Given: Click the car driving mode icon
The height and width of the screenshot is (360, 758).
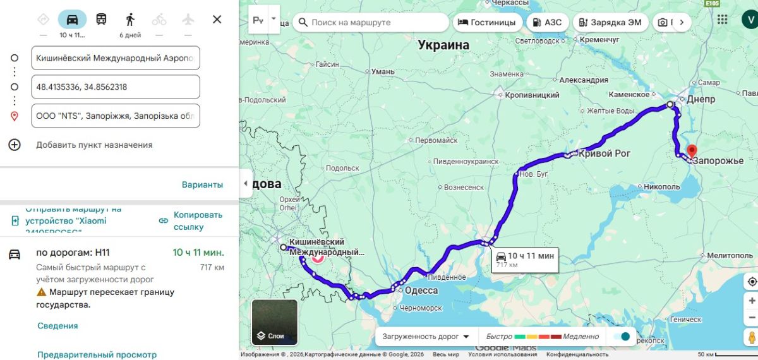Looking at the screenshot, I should pos(72,20).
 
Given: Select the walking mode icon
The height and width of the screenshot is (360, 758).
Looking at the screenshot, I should pos(130,20).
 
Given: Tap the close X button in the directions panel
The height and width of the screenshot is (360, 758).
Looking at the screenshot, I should pos(217,20).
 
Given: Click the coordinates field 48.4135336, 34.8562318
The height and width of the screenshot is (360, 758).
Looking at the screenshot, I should pos(115,87).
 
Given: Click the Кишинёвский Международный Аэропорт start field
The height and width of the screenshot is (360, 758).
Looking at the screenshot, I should pos(115,58).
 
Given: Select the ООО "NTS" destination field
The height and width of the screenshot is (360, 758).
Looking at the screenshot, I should pos(115,116).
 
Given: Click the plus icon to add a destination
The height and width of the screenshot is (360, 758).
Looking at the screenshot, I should pos(15,145).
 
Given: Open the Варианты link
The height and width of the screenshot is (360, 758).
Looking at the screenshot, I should pos(202,184).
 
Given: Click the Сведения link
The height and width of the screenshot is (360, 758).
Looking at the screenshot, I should pos(57,326).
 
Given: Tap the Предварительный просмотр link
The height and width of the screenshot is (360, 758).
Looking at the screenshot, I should pos(97,354).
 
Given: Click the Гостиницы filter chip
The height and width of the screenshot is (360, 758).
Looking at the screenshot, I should pos(486,23).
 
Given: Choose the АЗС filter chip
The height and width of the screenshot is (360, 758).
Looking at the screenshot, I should pos(546,23).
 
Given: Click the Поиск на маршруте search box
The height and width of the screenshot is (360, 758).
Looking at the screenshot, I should pos(373,23).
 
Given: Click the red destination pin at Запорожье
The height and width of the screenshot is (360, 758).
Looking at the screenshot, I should pos(691,152).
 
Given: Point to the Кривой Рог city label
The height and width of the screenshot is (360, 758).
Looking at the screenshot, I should pos(605,153).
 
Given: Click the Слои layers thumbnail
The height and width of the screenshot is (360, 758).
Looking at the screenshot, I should pos(275,322).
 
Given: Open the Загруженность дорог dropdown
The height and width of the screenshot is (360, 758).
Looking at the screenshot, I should pos(426,337).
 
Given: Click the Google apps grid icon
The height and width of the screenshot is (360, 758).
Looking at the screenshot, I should pos(723,20).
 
